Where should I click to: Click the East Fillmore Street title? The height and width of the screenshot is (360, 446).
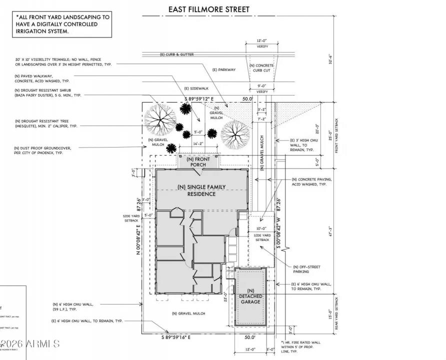[208, 9]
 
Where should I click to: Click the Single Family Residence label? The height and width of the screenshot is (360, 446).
[201, 190]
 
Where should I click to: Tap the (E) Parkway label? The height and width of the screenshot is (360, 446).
[223, 70]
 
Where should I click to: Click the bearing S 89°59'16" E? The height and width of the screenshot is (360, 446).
[183, 337]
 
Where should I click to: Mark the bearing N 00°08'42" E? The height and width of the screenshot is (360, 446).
[138, 226]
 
